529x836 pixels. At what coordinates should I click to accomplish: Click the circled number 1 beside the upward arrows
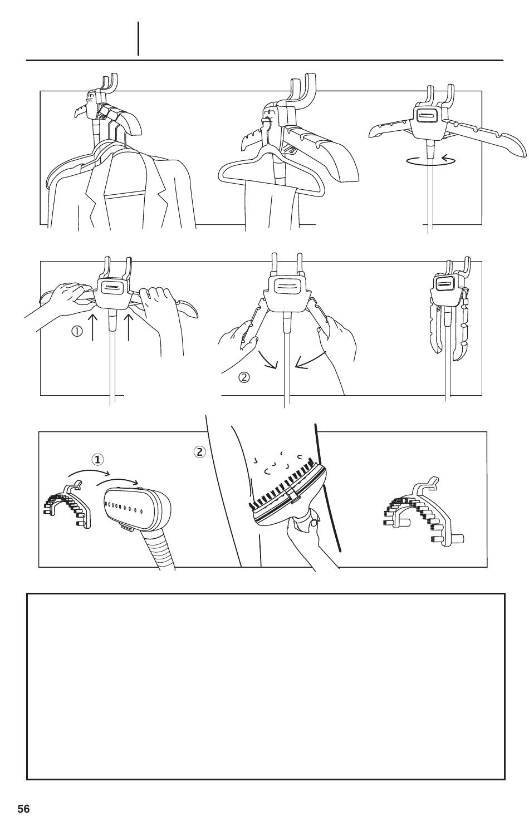tap(77, 331)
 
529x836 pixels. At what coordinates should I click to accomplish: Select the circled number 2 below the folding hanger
tap(244, 377)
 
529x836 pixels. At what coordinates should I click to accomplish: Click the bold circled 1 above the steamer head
tap(98, 460)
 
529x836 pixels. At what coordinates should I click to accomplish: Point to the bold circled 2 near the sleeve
tap(200, 452)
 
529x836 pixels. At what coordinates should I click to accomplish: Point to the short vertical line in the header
tap(138, 39)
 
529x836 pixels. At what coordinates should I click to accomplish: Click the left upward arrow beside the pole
tap(93, 327)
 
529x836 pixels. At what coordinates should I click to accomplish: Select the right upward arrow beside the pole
tap(129, 327)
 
